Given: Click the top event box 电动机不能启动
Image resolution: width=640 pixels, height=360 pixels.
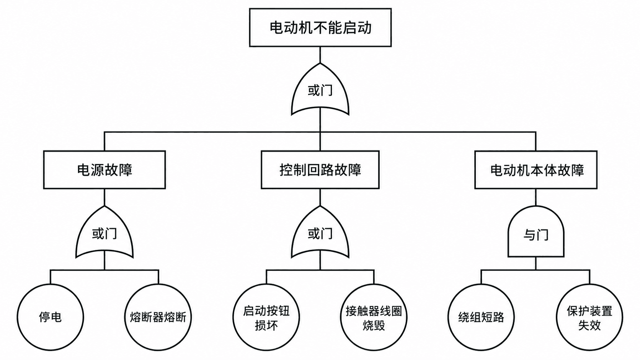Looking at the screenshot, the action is click(320, 28).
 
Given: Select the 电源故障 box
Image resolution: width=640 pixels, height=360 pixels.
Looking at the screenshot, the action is click(104, 170).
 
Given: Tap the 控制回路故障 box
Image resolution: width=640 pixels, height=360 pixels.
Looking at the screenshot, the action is click(320, 170).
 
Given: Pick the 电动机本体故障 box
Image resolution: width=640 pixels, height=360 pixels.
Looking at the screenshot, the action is click(536, 170).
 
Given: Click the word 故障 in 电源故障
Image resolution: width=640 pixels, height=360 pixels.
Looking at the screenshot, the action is click(119, 170).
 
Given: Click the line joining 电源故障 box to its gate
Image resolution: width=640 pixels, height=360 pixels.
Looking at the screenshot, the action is click(104, 197).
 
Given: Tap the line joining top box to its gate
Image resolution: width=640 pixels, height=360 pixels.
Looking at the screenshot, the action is click(320, 55).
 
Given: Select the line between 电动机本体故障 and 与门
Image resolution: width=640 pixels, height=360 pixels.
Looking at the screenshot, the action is click(536, 197).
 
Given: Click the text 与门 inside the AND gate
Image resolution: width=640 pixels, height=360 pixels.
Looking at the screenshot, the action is click(536, 235).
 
